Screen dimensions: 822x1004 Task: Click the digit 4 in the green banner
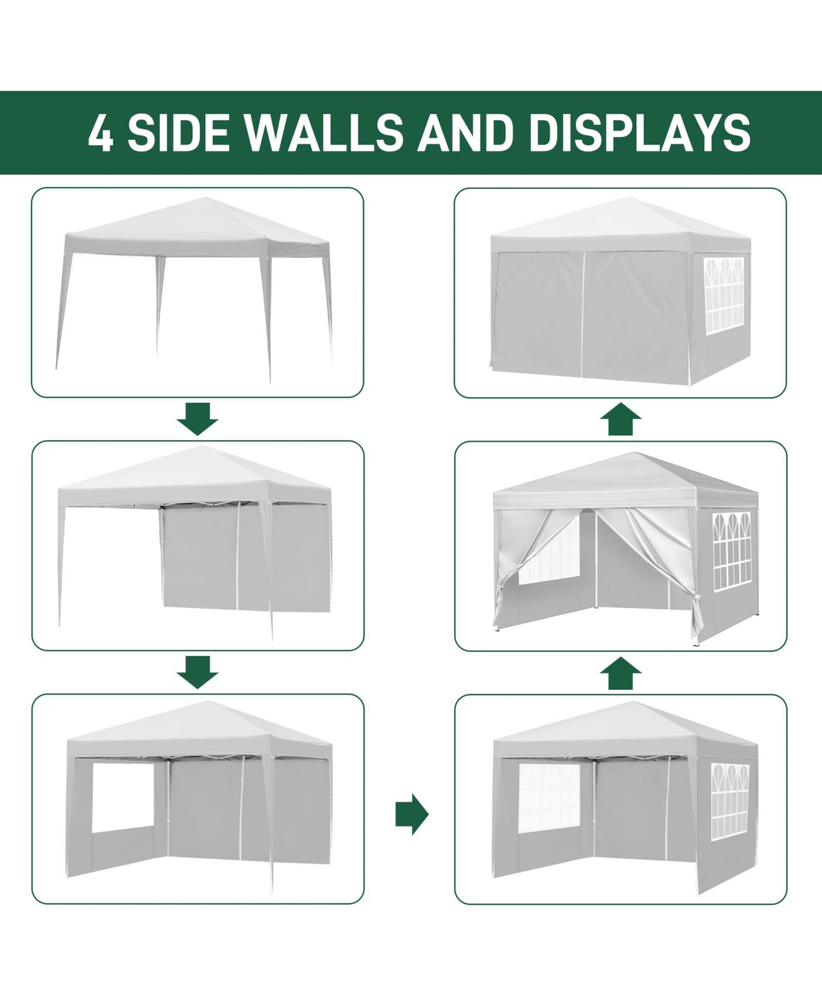[x=101, y=132]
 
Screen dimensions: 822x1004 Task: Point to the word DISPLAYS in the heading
[x=639, y=132]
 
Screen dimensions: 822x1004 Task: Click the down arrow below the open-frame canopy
[x=197, y=418]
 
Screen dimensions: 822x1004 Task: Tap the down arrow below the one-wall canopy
[x=197, y=672]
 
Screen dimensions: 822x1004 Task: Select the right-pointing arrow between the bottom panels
[x=412, y=814]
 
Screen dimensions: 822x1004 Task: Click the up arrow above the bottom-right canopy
[x=620, y=673]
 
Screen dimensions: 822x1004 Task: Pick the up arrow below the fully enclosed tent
[x=620, y=419]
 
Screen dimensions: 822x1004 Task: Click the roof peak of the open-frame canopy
[x=206, y=198]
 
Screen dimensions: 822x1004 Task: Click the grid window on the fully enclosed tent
[x=723, y=296]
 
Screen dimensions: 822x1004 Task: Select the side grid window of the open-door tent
[x=732, y=551]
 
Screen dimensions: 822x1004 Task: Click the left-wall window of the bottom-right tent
[x=549, y=805]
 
